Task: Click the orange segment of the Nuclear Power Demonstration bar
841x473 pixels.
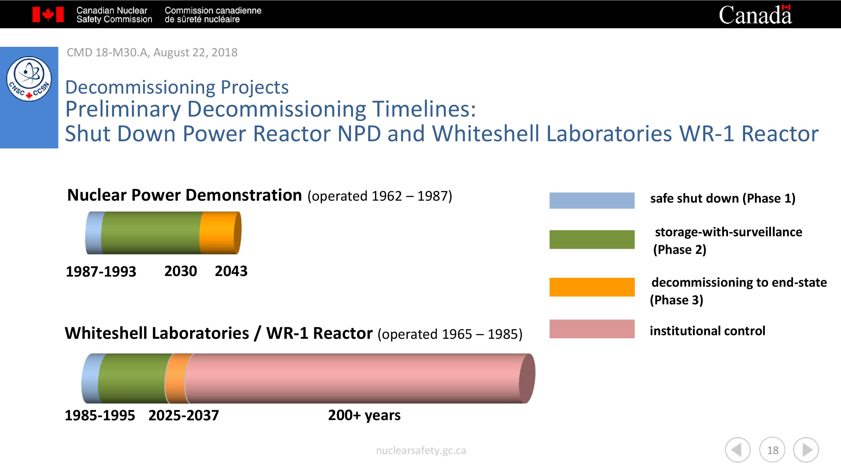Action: [x=220, y=233]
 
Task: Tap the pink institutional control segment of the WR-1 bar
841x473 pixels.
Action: [x=359, y=378]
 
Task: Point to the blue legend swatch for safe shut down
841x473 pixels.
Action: [x=592, y=200]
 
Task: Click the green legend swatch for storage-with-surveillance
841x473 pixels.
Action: [x=592, y=239]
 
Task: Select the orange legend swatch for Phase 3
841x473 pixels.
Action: [x=592, y=287]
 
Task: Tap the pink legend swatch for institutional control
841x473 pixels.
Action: [x=592, y=329]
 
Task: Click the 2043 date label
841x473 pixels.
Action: [x=231, y=271]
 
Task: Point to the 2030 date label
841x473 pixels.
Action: [x=181, y=271]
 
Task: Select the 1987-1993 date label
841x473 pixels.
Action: [x=101, y=272]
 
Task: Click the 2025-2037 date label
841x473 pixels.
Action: [x=184, y=415]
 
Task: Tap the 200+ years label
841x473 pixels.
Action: [x=364, y=415]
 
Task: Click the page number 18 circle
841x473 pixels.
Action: [x=772, y=450]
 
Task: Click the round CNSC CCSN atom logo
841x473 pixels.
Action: [x=29, y=79]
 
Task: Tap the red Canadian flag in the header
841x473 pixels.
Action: [x=48, y=14]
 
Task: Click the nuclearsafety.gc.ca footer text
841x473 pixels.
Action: [x=421, y=451]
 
